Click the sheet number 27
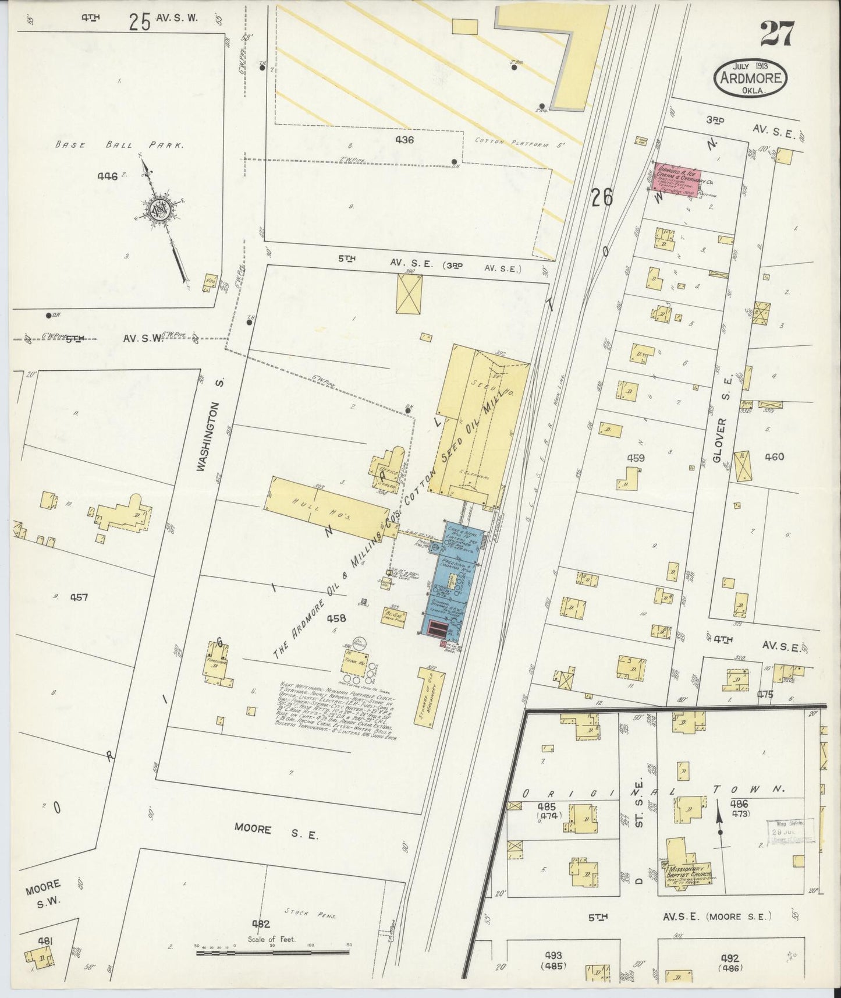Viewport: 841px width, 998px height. tap(776, 34)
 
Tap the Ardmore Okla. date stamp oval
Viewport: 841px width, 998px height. tap(751, 77)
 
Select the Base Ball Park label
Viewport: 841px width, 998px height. tap(119, 145)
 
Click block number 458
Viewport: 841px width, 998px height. tap(337, 618)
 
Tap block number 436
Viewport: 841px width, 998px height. tap(404, 140)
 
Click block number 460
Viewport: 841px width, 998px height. tap(774, 456)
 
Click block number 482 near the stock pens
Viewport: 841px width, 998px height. tap(261, 923)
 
